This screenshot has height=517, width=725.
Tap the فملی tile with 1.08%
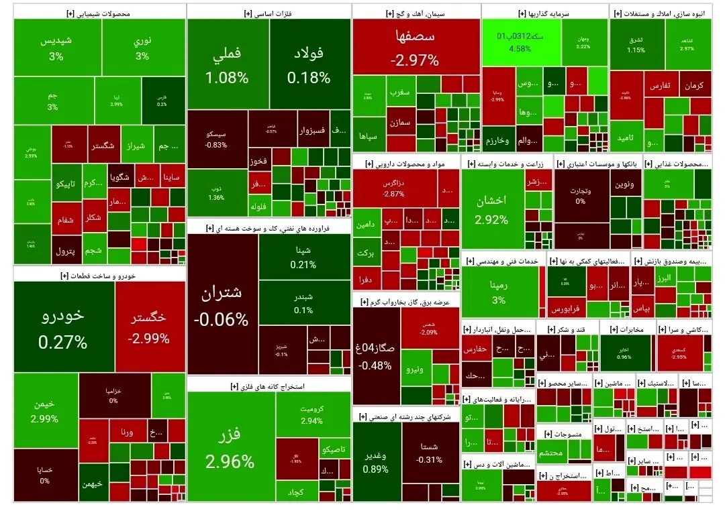point(227,64)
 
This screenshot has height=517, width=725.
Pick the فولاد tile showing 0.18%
point(309,64)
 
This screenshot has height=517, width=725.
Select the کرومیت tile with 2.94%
point(313,414)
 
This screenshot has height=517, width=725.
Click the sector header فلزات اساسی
point(269,13)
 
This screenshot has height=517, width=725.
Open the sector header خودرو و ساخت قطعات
point(99,275)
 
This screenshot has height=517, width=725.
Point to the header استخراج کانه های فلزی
point(269,386)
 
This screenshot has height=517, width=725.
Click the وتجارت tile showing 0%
point(581,194)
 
